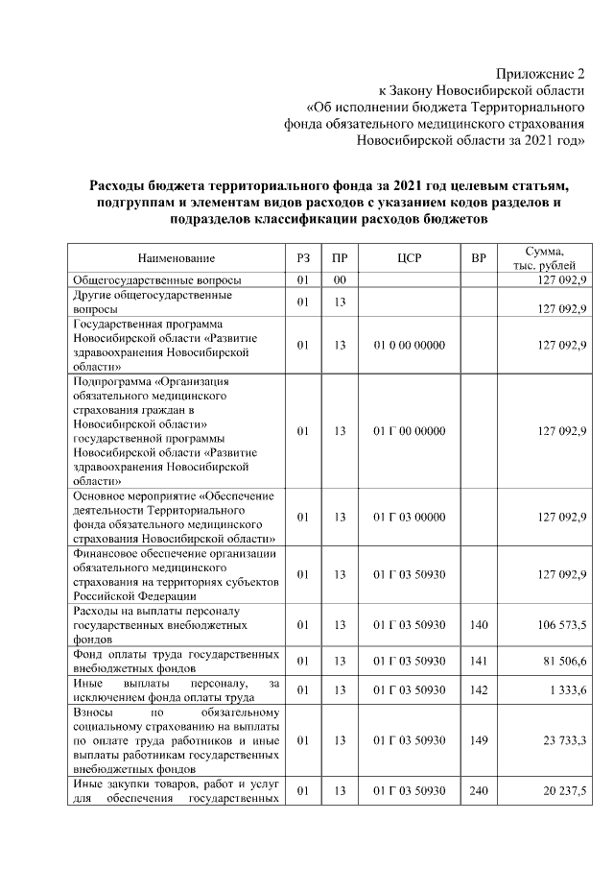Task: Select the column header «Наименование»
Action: pos(177,258)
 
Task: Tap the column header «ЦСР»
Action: pos(409,258)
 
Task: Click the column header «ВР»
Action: pos(480,258)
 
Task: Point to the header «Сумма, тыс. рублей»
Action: pos(544,257)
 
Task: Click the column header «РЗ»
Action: pos(302,258)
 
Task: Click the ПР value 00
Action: pos(339,279)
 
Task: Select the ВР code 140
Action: pos(480,625)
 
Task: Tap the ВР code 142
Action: pos(480,690)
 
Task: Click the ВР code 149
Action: pos(480,740)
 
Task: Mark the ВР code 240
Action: pos(480,790)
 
